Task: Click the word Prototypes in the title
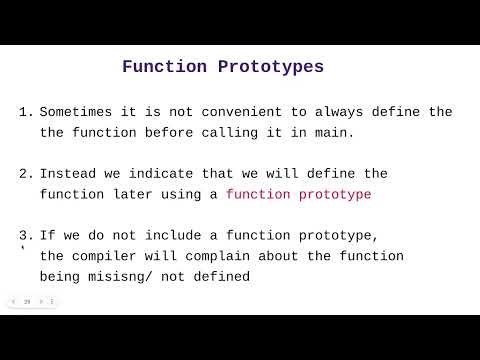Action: point(271,68)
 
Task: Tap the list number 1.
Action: point(24,112)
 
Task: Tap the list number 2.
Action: point(24,174)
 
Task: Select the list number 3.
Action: point(24,236)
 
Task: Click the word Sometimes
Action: point(81,112)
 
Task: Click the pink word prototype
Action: point(333,195)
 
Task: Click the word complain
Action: point(224,257)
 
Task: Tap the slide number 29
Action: point(27,301)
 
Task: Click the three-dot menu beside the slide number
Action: point(52,301)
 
